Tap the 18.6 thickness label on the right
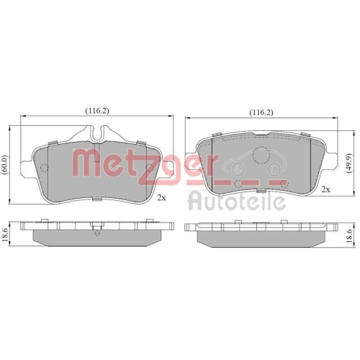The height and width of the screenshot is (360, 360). tap(351, 234)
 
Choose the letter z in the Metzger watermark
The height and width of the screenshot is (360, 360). tap(150, 161)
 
